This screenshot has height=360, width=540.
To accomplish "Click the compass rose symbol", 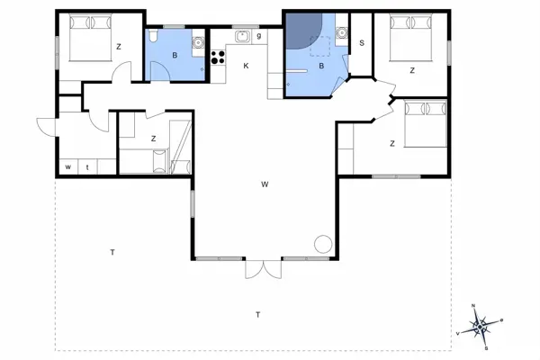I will (x=481, y=325).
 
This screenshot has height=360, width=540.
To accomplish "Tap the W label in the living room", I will (x=265, y=184).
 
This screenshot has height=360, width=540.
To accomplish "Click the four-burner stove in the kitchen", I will (x=217, y=56).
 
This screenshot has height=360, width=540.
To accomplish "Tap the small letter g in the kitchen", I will (x=258, y=36).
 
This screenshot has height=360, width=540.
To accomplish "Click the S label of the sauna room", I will (x=362, y=42).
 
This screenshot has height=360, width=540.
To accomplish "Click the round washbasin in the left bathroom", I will (x=195, y=41).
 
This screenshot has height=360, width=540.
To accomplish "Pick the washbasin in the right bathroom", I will (x=341, y=34).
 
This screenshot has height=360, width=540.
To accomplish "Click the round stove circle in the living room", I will (x=322, y=244).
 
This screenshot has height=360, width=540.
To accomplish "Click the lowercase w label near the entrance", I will (x=68, y=166).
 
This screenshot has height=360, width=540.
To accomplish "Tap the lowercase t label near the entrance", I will (x=87, y=166).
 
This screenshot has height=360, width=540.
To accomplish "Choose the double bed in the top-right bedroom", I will (x=413, y=40).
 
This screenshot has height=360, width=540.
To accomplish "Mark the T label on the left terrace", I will (x=112, y=251).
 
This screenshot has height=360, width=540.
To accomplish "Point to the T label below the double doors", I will (x=257, y=314).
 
